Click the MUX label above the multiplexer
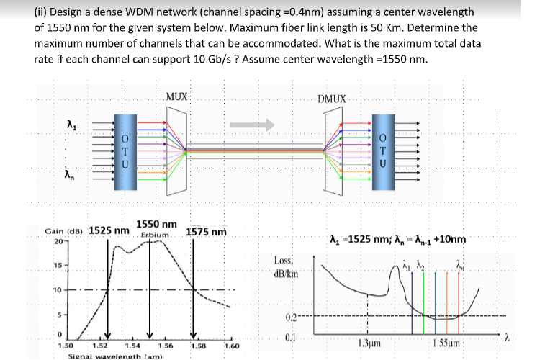(x=176, y=96)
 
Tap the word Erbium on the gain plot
(x=154, y=235)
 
